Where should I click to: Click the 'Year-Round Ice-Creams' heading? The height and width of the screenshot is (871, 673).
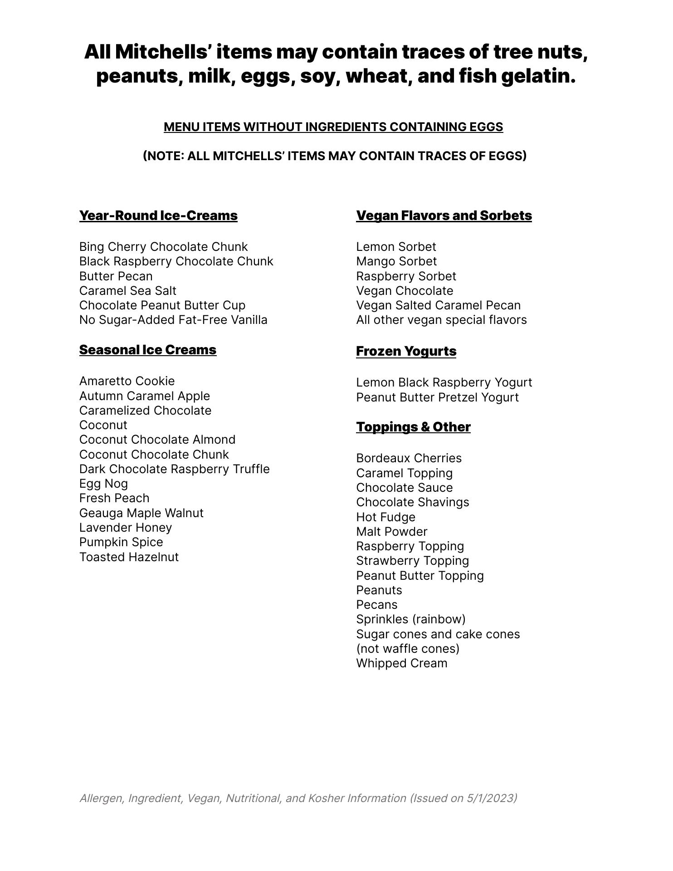[158, 215]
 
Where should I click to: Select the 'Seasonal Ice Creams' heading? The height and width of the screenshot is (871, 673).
[148, 350]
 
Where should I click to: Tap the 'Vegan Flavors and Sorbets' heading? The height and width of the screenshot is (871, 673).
[444, 215]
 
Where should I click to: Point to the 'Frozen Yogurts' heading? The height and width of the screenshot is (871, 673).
[406, 351]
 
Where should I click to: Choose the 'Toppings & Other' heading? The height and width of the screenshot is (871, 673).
[413, 427]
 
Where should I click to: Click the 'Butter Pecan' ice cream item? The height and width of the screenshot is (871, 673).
[116, 276]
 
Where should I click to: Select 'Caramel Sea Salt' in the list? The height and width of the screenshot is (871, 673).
[127, 291]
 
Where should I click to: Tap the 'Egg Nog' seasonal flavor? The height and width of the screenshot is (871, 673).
[103, 484]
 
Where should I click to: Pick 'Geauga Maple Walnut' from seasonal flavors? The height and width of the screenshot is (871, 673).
[141, 513]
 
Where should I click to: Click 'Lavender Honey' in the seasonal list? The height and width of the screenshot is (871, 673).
[126, 528]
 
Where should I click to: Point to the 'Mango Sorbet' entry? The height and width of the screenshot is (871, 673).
[396, 261]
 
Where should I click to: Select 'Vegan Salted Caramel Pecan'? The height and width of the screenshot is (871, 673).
[438, 305]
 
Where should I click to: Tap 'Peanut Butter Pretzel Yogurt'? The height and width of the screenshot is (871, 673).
[437, 397]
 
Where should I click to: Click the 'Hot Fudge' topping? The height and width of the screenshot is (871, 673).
[385, 517]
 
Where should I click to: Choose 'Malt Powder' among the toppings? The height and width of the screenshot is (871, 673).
[391, 532]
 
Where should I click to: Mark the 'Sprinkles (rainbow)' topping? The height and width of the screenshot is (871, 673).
[410, 619]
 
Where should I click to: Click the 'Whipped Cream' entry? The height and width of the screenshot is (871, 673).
[401, 663]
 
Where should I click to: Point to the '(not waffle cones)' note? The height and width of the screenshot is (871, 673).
[408, 649]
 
